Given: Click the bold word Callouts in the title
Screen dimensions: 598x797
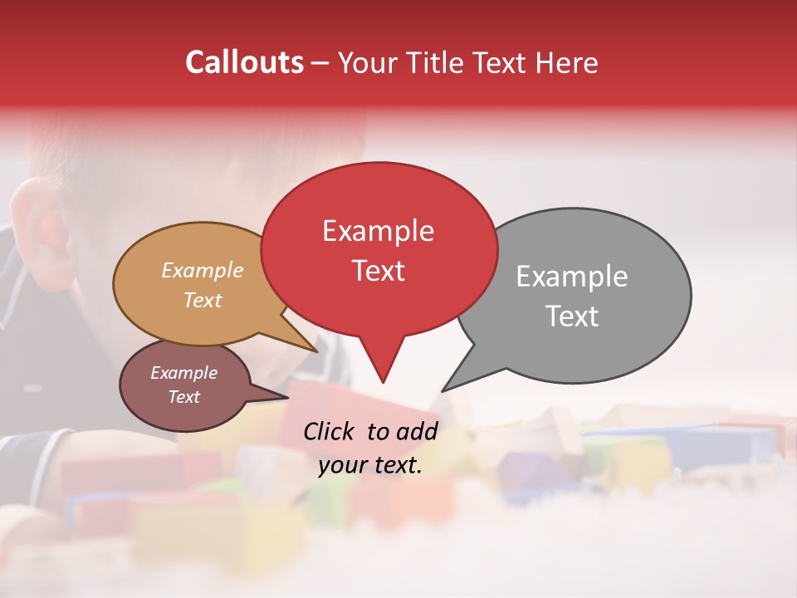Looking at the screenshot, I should [245, 62].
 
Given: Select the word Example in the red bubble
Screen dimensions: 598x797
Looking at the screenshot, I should [378, 231].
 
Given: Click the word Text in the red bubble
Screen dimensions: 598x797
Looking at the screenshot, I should [378, 271].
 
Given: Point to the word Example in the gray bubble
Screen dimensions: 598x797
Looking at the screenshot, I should [572, 277].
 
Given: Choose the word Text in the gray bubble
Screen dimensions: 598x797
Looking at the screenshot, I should [572, 316].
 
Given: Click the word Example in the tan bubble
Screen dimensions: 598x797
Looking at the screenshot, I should [203, 270].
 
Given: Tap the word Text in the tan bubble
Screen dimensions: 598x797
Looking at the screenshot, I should [203, 300].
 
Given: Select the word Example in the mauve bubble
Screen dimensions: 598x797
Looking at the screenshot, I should [184, 373].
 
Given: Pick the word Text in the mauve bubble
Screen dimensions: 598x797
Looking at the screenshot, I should [184, 397].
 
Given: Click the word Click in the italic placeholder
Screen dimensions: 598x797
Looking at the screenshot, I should [331, 431].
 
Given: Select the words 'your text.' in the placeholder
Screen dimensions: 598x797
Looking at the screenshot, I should [370, 465].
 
